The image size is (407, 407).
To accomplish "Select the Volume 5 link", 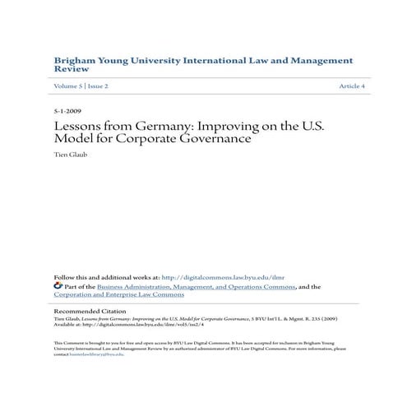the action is [69, 86].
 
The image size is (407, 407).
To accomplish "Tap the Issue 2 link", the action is [99, 86].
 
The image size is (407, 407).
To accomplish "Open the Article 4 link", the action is [351, 86].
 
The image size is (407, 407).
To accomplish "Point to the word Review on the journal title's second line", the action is [71, 71].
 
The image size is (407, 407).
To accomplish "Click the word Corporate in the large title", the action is [158, 139].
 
